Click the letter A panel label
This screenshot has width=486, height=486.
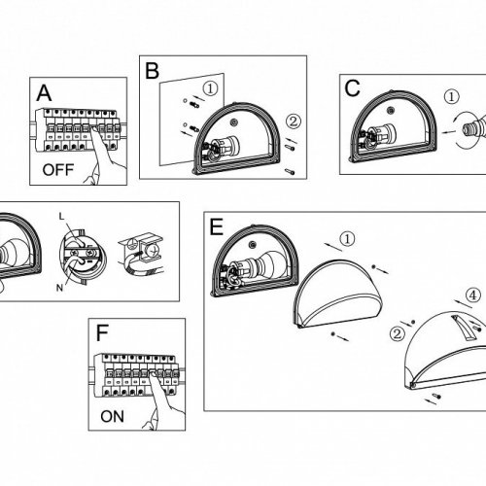coord(44,93)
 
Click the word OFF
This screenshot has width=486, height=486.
coord(58,170)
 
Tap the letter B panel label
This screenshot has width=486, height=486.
coord(152,71)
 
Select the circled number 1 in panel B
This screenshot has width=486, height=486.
coord(211,88)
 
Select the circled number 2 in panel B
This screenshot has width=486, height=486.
coord(294,121)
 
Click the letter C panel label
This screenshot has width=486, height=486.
coord(352,88)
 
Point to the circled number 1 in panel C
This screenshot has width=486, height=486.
coord(451,96)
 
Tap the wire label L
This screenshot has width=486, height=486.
coord(62,217)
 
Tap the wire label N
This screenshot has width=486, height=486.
coord(59,288)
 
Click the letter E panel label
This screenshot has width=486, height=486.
coord(217,226)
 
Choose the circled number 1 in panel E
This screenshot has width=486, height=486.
coord(347,239)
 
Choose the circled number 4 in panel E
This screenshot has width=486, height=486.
coord(473,295)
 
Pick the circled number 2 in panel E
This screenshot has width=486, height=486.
coord(398,333)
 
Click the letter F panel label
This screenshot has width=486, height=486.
coord(102,333)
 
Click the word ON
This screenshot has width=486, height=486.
coord(112,417)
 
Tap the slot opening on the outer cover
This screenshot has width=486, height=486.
coord(462,328)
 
